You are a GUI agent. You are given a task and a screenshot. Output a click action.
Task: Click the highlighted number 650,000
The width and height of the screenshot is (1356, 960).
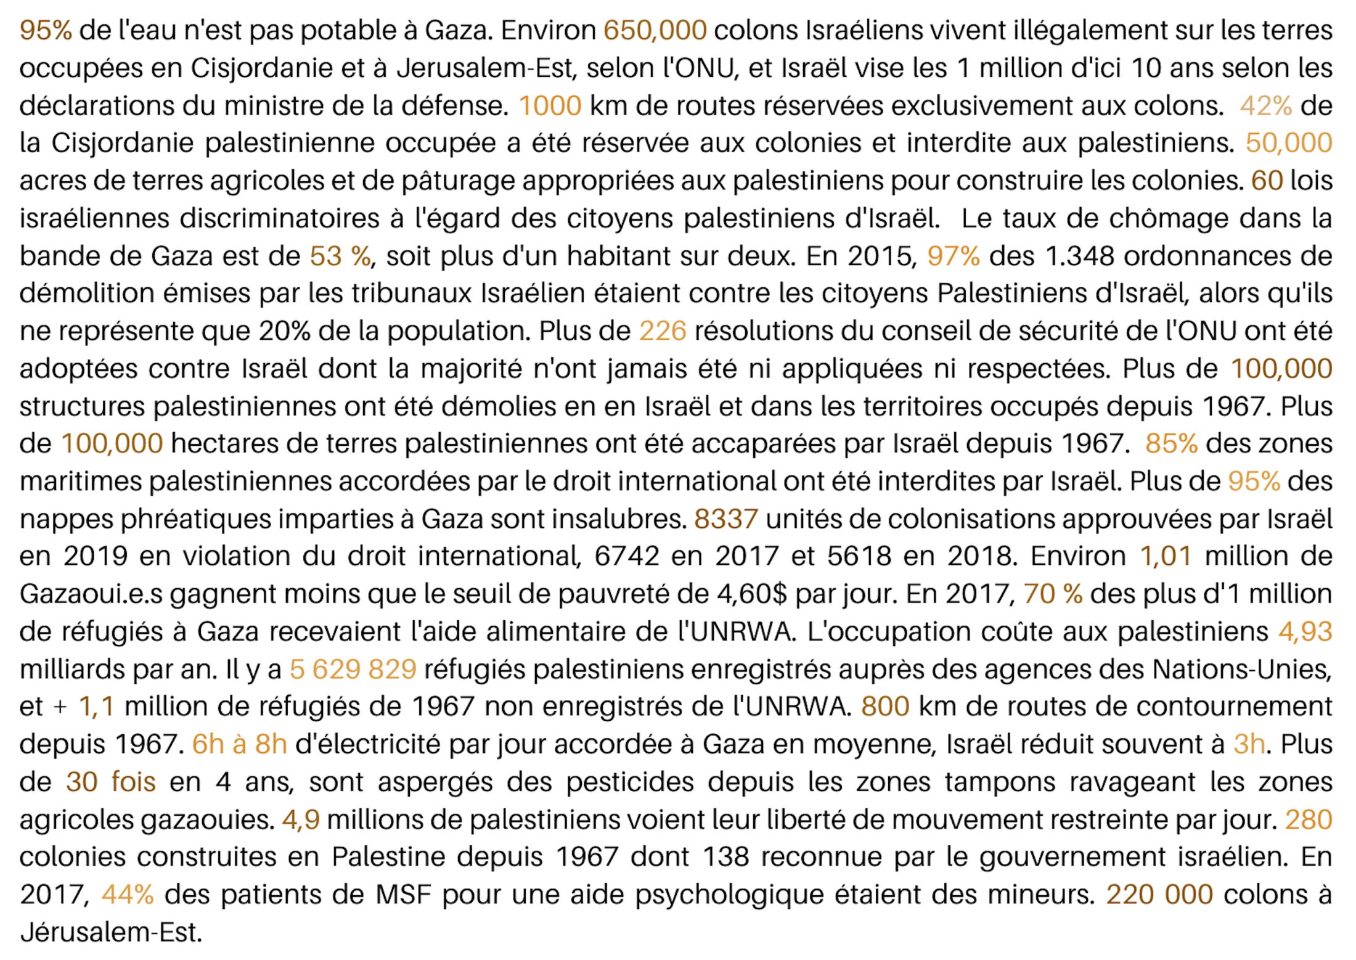click(x=655, y=30)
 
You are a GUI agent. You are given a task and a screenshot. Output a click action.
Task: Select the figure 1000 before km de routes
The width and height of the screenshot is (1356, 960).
click(x=550, y=105)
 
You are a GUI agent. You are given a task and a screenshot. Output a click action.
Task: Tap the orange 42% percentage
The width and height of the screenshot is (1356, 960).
click(x=1265, y=105)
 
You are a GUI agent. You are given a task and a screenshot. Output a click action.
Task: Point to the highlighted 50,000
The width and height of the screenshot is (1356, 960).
click(x=1289, y=143)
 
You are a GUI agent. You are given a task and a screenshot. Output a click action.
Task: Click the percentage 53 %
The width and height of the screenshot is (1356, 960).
click(x=340, y=256)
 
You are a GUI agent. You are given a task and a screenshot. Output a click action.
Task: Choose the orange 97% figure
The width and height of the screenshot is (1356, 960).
click(x=953, y=256)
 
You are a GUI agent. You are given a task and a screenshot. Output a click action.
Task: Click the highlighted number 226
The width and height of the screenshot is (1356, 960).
click(x=663, y=331)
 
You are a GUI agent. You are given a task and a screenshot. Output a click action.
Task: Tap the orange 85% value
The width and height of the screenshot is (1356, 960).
click(x=1171, y=443)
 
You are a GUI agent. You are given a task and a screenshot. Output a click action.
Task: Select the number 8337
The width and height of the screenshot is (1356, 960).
click(x=725, y=519)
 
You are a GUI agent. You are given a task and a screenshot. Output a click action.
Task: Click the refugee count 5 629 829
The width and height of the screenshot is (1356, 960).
click(x=353, y=669)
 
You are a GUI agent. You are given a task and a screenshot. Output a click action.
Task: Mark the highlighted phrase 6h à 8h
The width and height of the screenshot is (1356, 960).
click(x=239, y=744)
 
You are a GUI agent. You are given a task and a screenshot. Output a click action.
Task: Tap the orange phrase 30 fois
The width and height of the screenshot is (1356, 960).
click(x=111, y=782)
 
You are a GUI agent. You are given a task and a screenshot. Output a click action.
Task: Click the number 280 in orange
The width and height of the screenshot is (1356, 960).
click(x=1309, y=819)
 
